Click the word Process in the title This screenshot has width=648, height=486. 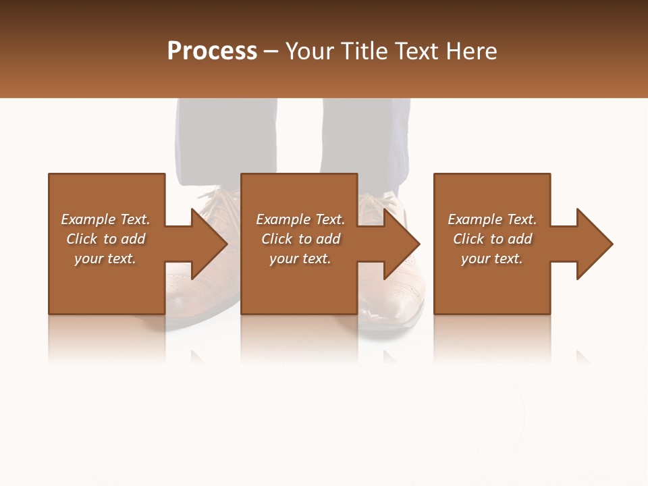pos(212,51)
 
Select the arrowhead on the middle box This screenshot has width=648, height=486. pos(401,244)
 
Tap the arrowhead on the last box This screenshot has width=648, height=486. pos(593,244)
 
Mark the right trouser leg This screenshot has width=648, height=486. pos(365,138)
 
